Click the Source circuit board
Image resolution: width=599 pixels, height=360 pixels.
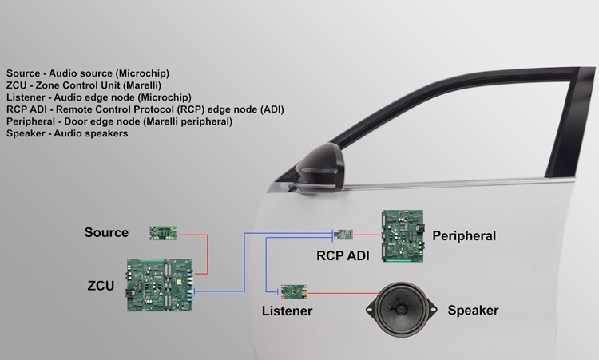(163, 233)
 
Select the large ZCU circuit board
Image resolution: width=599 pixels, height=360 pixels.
(160, 284)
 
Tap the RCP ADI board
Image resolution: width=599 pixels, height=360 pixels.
(343, 235)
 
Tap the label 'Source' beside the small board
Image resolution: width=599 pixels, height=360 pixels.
(106, 233)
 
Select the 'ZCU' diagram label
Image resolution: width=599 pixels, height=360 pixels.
(101, 284)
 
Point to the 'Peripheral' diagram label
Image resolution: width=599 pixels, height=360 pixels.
(464, 236)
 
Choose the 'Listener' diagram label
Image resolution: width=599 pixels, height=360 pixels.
(288, 311)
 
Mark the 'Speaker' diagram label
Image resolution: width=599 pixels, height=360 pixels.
(473, 311)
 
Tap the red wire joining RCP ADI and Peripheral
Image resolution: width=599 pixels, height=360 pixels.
(367, 235)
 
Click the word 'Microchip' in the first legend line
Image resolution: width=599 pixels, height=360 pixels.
(144, 73)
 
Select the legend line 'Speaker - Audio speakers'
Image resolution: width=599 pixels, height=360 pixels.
(67, 133)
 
